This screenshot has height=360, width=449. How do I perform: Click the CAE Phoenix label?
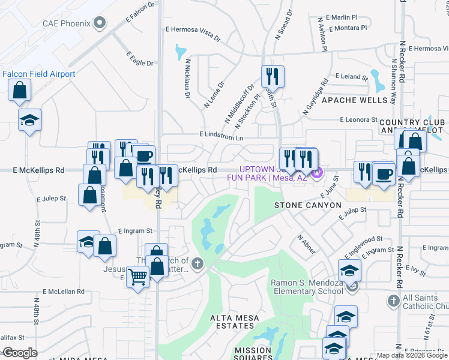(x=66, y=24)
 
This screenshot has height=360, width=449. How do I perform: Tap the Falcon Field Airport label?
(x=39, y=74)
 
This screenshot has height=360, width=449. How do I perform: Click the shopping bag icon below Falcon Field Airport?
(x=20, y=91)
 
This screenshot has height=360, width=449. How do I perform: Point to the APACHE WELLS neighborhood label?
(x=355, y=100)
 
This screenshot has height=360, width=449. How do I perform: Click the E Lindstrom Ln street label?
(x=222, y=138)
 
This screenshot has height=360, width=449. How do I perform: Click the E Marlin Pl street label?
(x=344, y=18)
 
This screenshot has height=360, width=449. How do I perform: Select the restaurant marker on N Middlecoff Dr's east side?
(x=273, y=76)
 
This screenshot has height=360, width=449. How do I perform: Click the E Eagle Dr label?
(x=140, y=58)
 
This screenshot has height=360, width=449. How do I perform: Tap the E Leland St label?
(x=352, y=77)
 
